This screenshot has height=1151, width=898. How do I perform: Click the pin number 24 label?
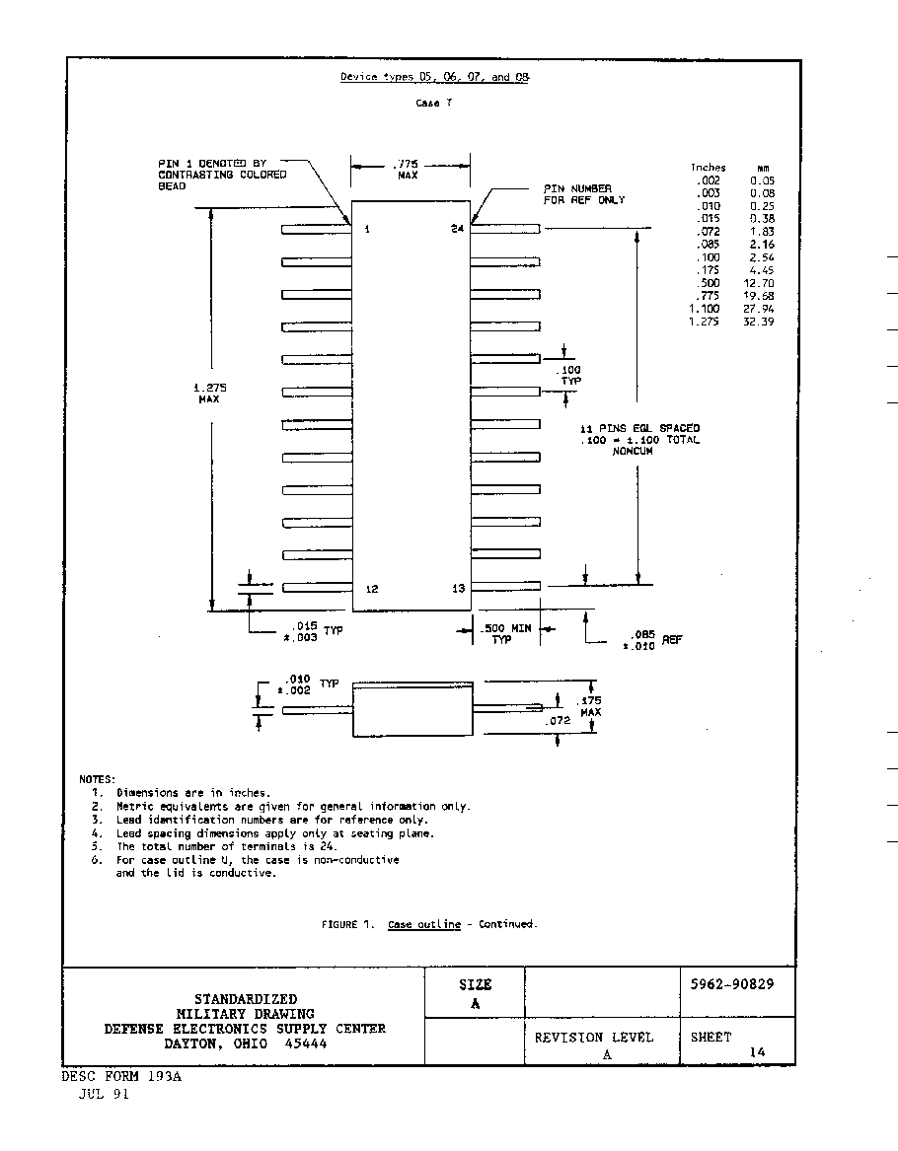coord(458,228)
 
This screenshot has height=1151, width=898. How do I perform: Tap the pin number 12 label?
coord(372,589)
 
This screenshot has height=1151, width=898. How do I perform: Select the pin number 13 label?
coord(458,588)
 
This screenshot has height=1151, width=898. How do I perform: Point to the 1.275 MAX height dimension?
coord(209,393)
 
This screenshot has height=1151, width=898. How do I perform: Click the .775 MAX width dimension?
coord(407,170)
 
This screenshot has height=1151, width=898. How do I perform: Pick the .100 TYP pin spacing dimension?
coord(569,375)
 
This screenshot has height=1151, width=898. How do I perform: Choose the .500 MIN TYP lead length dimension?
coord(505,633)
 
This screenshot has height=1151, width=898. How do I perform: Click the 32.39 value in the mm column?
coord(759,322)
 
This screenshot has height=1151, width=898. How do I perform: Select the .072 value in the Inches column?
coord(709,231)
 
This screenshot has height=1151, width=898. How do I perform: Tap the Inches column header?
coord(708,168)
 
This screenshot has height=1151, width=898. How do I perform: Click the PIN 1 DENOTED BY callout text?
coord(212,163)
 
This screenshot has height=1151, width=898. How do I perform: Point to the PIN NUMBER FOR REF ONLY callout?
coord(584,193)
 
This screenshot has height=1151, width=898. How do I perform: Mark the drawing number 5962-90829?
coord(732,983)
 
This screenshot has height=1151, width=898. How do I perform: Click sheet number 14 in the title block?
coord(757,1052)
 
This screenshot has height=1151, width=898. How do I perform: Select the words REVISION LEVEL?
coord(593,1038)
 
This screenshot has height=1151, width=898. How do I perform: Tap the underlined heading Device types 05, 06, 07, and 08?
coord(434,76)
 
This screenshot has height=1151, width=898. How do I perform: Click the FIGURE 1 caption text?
coord(429,924)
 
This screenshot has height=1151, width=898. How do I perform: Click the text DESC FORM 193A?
coord(121,1077)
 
